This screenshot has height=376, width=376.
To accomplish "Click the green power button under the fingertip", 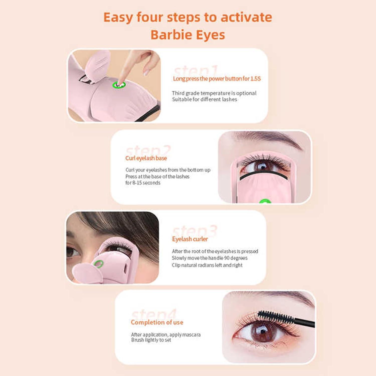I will pyautogui.click(x=119, y=85).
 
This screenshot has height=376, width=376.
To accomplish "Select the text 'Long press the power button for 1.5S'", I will pyautogui.click(x=217, y=79).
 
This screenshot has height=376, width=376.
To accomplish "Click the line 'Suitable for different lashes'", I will pyautogui.click(x=204, y=100).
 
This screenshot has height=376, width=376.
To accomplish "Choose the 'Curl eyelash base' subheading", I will pyautogui.click(x=146, y=158).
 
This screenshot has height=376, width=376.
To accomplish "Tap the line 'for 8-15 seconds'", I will pyautogui.click(x=143, y=183).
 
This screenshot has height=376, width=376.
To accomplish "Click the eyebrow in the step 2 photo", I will pyautogui.click(x=268, y=138).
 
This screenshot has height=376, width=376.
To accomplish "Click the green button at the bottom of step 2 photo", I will pyautogui.click(x=265, y=201).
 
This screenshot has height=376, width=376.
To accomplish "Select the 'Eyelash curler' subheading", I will pyautogui.click(x=190, y=239).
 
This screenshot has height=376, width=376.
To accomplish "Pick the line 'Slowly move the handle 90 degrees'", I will pyautogui.click(x=210, y=258).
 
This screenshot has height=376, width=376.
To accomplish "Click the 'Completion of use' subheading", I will pyautogui.click(x=157, y=322).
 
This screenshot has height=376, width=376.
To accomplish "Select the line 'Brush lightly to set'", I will pyautogui.click(x=151, y=340).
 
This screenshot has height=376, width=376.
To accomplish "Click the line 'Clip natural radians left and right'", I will pyautogui.click(x=207, y=265).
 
